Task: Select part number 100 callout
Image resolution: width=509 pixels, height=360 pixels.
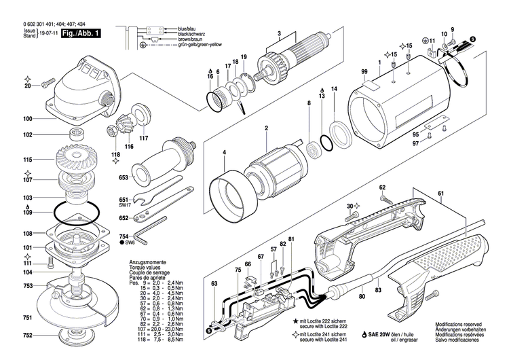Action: [28, 119]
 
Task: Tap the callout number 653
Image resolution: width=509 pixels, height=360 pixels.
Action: [124, 178]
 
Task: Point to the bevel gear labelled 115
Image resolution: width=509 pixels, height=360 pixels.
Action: [74, 160]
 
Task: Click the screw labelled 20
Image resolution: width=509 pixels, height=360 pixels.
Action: [50, 84]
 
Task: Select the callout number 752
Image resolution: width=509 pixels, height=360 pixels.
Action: [28, 336]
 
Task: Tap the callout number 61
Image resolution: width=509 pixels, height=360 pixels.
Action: [440, 194]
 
